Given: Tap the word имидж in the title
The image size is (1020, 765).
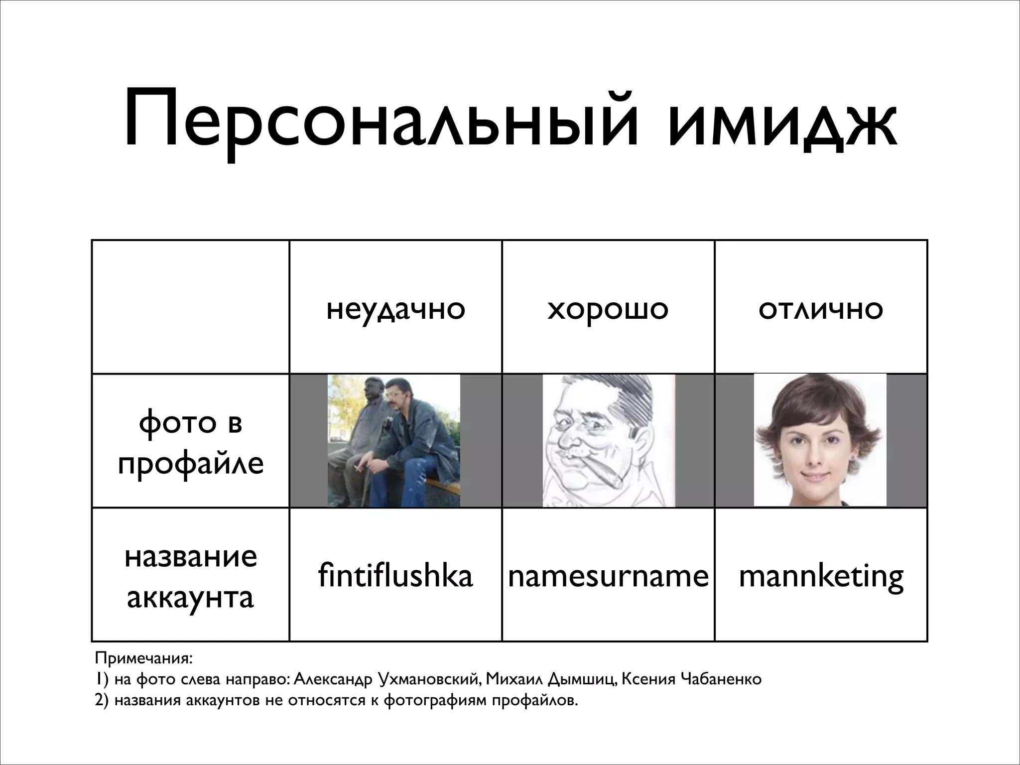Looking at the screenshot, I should [x=782, y=120].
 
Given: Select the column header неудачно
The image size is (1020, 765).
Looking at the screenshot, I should [x=395, y=309].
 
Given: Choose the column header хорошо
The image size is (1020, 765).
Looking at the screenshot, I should [x=608, y=309].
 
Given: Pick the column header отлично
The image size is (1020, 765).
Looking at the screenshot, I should [x=820, y=309].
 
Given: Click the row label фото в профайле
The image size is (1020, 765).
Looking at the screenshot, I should [x=191, y=442].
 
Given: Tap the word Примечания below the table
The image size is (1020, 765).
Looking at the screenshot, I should [x=143, y=658].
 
